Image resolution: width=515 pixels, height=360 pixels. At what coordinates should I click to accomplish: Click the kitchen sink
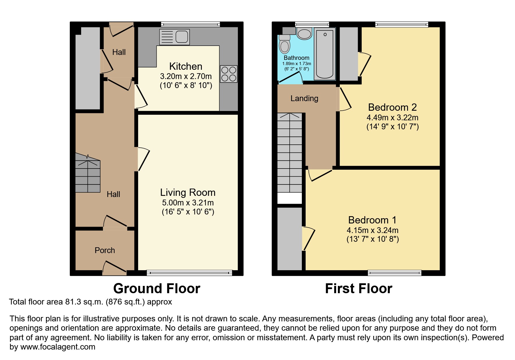174,37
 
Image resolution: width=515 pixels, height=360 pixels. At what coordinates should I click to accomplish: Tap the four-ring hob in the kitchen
229,74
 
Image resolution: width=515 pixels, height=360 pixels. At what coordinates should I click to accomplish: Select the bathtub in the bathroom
325,54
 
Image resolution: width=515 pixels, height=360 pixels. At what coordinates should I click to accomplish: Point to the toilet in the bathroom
284,44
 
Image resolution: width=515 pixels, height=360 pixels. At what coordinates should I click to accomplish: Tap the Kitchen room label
186,66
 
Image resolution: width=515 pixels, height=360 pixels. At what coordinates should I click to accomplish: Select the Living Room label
188,192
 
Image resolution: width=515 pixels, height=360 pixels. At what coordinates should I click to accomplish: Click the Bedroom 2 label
392,107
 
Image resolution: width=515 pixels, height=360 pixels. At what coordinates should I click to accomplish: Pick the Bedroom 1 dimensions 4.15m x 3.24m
373,230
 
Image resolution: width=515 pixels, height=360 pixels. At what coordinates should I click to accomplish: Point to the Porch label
105,250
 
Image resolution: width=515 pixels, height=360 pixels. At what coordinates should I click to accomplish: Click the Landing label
304,98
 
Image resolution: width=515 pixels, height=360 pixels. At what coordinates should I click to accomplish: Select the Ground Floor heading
157,289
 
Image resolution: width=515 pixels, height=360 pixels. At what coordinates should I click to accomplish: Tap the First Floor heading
359,289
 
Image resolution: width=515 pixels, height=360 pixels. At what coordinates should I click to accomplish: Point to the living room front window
189,273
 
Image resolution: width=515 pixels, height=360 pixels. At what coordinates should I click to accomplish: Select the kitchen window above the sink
190,24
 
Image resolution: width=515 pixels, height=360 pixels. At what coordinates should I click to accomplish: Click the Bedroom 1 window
395,273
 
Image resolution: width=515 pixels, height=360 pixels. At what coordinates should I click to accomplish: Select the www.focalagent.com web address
58,347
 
